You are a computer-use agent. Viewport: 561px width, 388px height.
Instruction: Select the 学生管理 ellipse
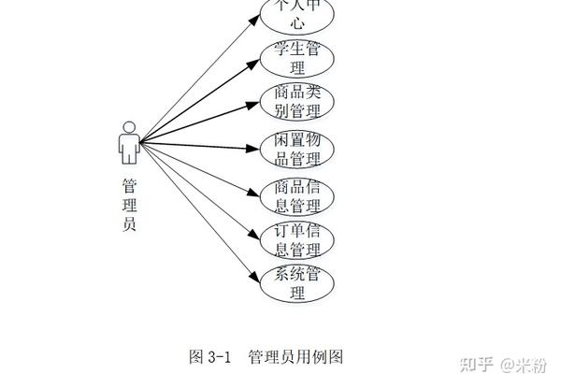(x=297, y=59)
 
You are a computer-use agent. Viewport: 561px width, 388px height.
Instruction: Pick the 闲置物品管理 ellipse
(x=297, y=149)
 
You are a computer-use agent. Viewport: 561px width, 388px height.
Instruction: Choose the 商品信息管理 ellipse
(x=297, y=194)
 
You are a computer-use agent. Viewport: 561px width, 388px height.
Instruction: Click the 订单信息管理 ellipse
(x=297, y=239)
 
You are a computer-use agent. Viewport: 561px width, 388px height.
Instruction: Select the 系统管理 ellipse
(x=297, y=284)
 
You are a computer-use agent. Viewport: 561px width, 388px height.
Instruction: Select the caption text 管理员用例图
(x=296, y=356)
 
